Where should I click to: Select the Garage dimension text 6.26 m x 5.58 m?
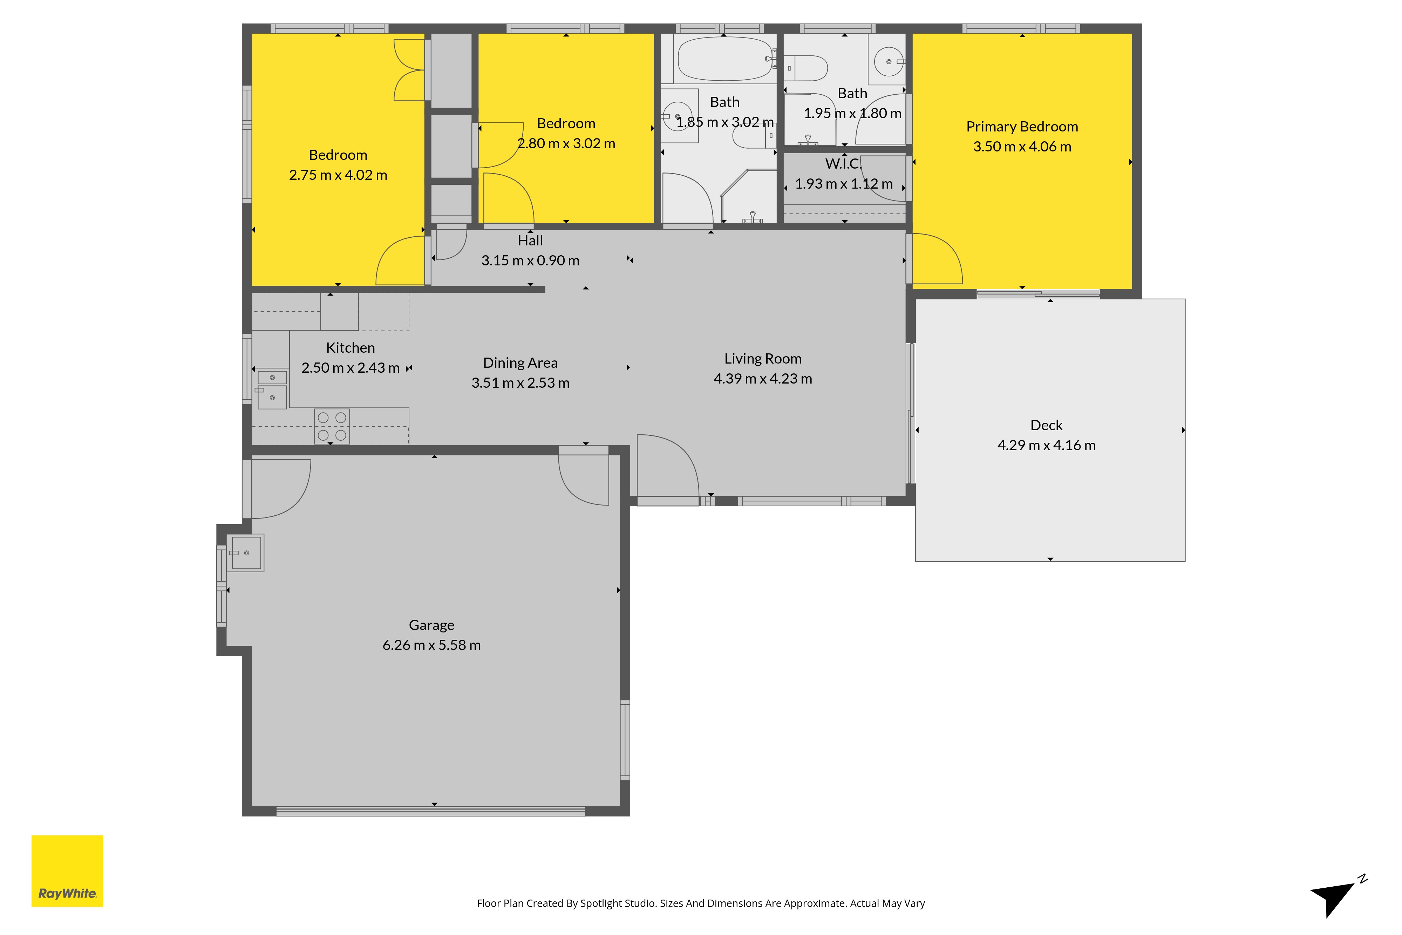(x=431, y=645)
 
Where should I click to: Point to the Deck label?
(x=1046, y=425)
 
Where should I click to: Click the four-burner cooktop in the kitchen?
(x=332, y=426)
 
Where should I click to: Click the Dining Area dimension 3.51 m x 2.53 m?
(x=520, y=383)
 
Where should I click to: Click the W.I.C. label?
(x=843, y=163)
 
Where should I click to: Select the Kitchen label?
(x=350, y=348)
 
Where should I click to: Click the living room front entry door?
(x=668, y=466)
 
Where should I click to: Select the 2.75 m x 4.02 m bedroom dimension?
(x=338, y=175)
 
